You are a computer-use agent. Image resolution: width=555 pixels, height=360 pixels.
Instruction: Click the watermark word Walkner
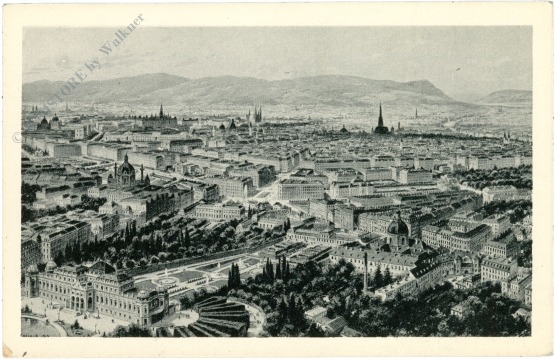point(121,37)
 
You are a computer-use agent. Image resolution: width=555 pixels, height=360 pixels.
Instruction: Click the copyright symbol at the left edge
point(17,138)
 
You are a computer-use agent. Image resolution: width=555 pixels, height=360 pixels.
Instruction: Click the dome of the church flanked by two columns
point(125,169)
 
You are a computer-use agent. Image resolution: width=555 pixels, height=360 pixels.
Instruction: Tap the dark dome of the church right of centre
point(398,227)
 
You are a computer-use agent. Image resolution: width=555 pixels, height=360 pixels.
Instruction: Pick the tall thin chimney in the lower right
point(366,270)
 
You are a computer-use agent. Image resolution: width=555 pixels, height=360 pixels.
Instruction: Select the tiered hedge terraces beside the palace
point(218,316)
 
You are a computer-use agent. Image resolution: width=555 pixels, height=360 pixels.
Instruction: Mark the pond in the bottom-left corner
point(40,326)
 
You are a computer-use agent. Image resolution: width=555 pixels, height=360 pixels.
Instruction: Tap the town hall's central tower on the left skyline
point(160,111)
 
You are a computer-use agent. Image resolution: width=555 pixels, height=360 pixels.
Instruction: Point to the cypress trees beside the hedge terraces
point(234,276)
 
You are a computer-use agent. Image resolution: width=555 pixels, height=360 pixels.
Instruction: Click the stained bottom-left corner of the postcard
point(12,348)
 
